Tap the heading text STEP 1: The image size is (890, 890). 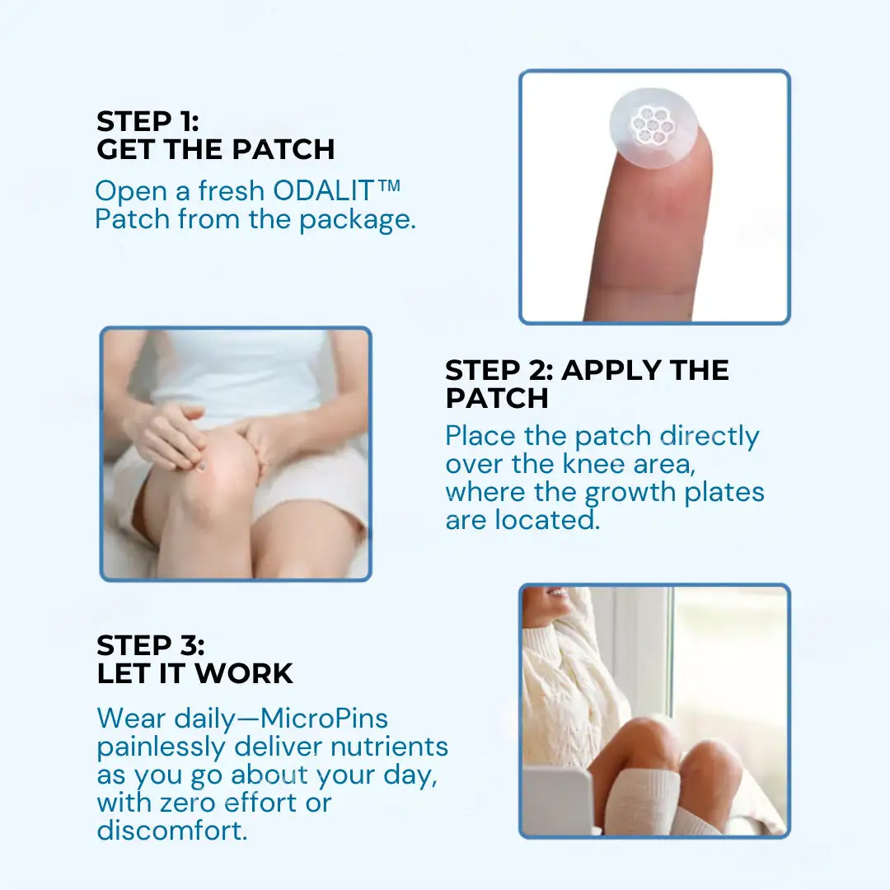coord(148,122)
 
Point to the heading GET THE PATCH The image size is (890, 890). coord(216,149)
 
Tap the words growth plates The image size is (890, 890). coord(675,492)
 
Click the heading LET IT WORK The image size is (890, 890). coord(195,673)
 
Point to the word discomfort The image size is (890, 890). coord(171,830)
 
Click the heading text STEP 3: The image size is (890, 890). coord(151,645)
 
